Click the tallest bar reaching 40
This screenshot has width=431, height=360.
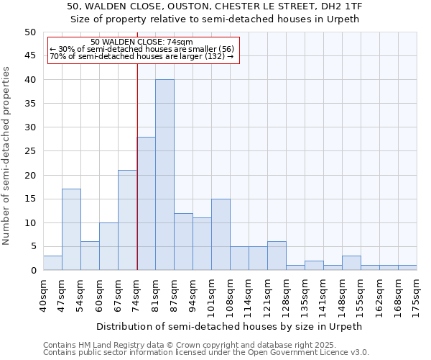[x=164, y=175]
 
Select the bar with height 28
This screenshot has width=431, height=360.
[x=146, y=204]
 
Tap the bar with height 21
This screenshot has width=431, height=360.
[x=127, y=220]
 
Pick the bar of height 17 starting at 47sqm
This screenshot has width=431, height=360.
[x=71, y=230]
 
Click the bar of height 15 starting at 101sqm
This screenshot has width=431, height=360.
[x=221, y=235]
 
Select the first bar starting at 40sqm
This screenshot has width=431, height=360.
[x=52, y=263]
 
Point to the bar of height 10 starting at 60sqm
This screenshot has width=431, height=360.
[x=108, y=246]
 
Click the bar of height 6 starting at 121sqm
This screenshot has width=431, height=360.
[x=277, y=256]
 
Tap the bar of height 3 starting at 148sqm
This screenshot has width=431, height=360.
[x=351, y=263]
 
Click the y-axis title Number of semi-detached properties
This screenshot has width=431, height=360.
[x=7, y=156]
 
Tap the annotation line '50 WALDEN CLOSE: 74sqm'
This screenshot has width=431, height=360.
[x=142, y=42]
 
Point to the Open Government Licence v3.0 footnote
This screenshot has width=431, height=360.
[x=206, y=353]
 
